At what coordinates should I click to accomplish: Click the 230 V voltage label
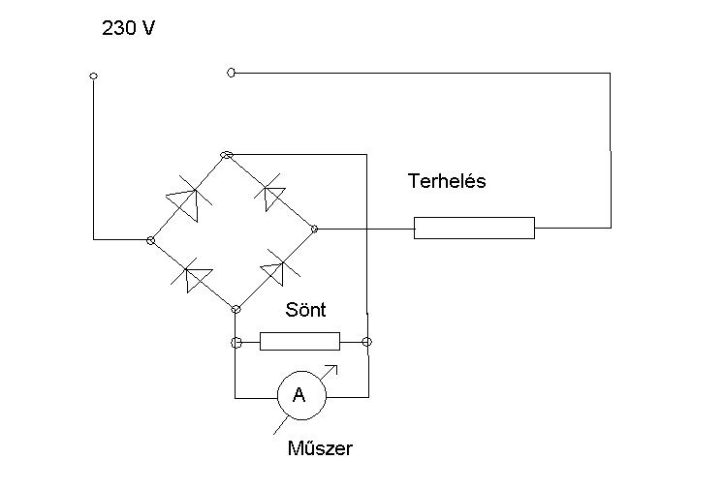129,29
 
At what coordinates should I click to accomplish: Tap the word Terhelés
447,181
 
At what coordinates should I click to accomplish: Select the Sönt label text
305,311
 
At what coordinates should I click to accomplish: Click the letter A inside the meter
299,395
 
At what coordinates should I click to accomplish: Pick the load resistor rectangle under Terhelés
474,228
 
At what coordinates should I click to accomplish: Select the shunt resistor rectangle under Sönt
300,341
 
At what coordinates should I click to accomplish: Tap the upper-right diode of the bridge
271,194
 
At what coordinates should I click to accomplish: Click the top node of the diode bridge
227,155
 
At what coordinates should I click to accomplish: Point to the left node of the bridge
149,239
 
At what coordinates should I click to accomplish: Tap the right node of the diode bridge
314,229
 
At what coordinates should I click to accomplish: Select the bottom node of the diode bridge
235,309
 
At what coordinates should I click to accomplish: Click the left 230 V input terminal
93,76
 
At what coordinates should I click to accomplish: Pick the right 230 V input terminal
231,73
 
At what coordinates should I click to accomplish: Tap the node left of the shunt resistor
236,342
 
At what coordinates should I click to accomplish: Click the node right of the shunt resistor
366,342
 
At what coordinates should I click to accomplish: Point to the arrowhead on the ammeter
336,367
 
